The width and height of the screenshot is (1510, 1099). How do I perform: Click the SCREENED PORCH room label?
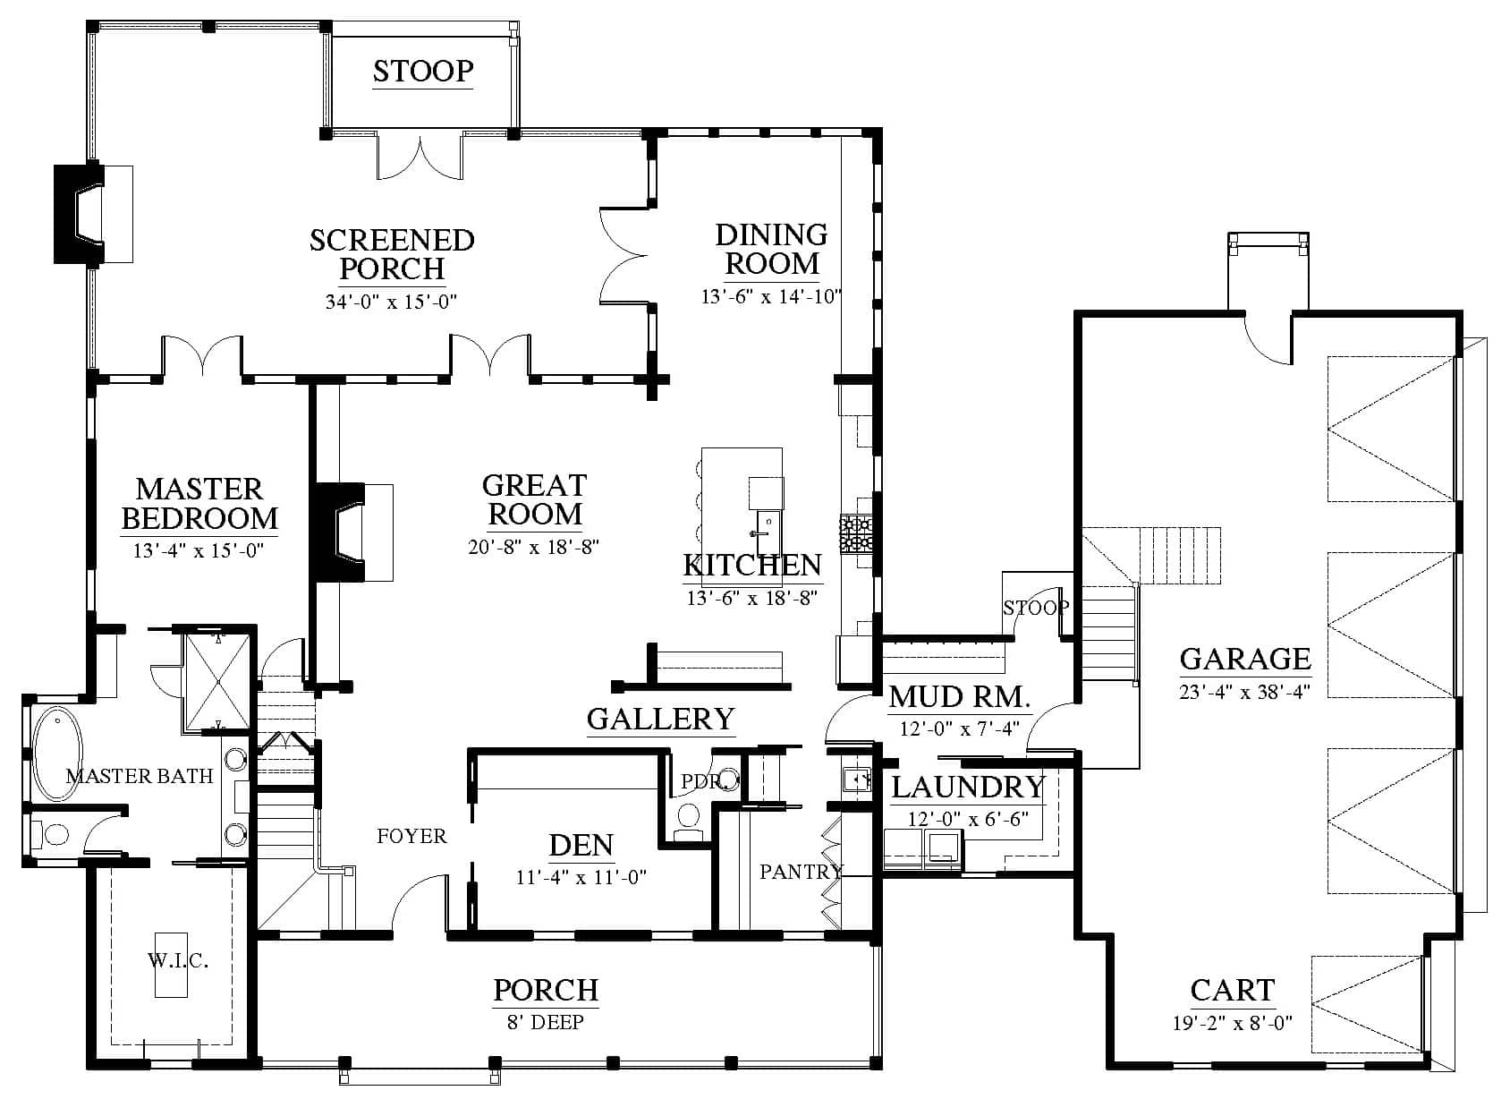point(392,254)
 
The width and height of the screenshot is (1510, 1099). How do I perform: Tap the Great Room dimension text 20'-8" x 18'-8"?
point(533,547)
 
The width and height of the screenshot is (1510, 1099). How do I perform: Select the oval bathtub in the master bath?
point(57,754)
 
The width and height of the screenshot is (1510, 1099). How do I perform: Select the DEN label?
point(581,846)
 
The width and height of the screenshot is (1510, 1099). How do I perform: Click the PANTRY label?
point(801,872)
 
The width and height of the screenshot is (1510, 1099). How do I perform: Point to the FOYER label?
point(411,836)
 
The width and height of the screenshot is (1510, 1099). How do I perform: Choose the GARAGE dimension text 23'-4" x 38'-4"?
point(1244,693)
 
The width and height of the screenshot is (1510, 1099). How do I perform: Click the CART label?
point(1232,991)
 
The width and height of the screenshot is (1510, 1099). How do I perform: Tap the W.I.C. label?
point(178,960)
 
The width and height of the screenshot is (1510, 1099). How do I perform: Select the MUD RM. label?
point(959,697)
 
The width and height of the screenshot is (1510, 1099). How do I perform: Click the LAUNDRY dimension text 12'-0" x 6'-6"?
point(968,819)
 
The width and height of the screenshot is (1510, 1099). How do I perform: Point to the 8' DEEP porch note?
point(546,1022)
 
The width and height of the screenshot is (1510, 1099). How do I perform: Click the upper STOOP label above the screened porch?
point(423,71)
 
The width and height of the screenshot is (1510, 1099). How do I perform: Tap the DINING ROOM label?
point(771,249)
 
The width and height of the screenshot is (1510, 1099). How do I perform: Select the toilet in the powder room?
point(688,821)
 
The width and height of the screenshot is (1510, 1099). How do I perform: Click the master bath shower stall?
point(218,681)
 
